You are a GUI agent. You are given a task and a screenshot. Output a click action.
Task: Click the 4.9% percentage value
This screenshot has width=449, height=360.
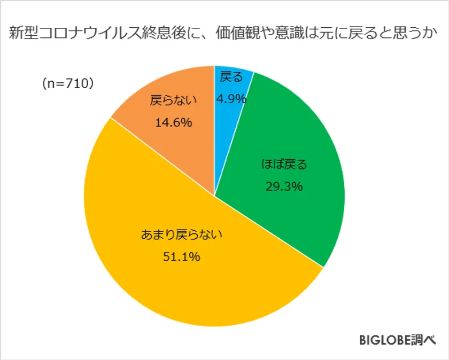tap(231, 99)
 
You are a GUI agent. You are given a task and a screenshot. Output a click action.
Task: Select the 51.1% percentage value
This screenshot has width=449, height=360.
tap(181, 257)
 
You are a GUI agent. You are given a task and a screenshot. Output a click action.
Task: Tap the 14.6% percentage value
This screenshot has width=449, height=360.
tap(173, 122)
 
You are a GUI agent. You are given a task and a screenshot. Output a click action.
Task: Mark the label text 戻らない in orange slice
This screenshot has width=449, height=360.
tap(174, 100)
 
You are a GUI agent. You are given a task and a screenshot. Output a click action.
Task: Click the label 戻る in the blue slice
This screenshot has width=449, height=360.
tap(231, 78)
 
